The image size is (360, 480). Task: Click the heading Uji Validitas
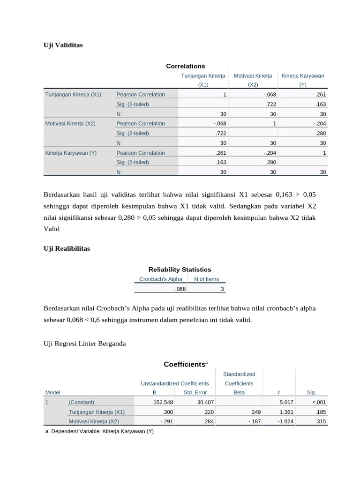pos(63,45)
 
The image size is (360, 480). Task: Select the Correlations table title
pos(186,66)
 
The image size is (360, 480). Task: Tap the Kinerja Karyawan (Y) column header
pos(302,80)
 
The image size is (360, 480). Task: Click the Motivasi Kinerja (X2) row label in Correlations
pos(70,124)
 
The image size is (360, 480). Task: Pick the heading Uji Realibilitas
pos(67,248)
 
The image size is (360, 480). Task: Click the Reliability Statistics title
pos(180,270)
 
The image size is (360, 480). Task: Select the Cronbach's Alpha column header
pos(161,279)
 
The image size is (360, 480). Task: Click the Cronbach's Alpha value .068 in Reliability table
pos(180,290)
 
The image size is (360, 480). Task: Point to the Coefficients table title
pos(186,364)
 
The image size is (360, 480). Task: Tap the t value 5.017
pos(286,402)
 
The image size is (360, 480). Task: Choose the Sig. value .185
pos(322,412)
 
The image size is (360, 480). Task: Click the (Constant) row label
pos(81,402)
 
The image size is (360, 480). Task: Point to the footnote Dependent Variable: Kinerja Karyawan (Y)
pos(98,431)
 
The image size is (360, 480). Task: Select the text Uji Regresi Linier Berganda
pos(84,344)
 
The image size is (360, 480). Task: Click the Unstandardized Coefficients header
pos(174,383)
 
